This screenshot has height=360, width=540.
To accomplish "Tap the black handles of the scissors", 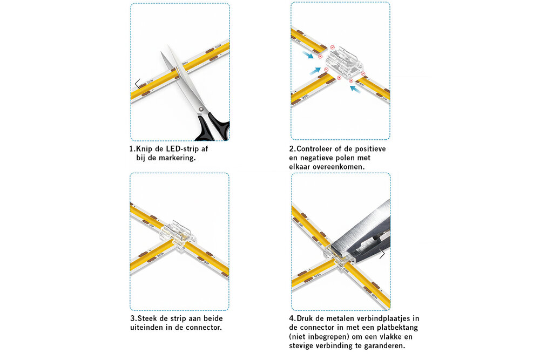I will coord(213,128).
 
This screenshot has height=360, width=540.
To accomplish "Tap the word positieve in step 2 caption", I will coord(370,148).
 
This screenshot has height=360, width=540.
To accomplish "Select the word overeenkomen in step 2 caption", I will coord(340,167).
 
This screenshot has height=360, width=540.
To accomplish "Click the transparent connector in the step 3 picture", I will coord(178,235).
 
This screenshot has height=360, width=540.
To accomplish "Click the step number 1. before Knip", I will coord(132,148).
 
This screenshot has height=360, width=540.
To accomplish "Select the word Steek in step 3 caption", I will coord(147,318).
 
